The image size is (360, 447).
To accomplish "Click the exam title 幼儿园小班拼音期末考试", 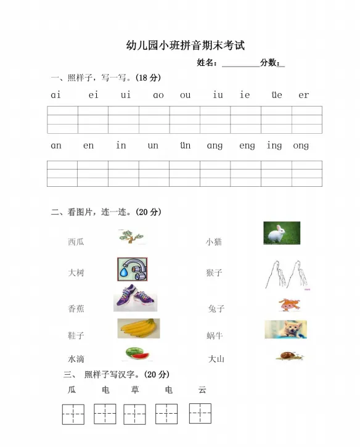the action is (185, 45).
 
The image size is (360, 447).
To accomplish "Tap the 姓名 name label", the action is (207, 62).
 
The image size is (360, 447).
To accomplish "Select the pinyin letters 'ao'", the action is (158, 95).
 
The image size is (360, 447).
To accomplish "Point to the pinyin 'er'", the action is (303, 95).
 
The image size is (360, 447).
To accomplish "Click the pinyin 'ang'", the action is (215, 146).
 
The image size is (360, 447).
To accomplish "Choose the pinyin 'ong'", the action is (301, 146).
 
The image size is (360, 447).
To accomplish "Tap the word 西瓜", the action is (76, 242).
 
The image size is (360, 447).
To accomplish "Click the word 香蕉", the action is (76, 308).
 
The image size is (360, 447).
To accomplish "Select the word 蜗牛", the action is (215, 335).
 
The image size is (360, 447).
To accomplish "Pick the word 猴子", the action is (214, 273).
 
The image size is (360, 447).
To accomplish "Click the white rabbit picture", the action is (282, 233).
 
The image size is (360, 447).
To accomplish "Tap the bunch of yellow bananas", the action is (139, 329).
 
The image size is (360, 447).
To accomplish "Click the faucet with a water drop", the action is (132, 269).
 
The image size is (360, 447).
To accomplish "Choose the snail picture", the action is (288, 355).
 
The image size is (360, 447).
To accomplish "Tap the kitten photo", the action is (285, 329).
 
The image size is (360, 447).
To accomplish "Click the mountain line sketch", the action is (287, 274).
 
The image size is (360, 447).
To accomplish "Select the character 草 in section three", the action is (135, 390).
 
